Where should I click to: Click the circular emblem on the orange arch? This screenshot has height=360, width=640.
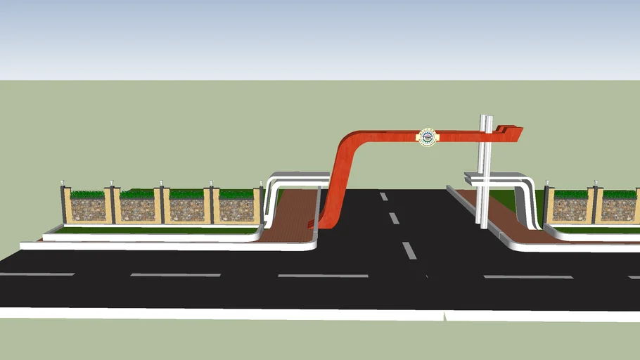click(426, 137)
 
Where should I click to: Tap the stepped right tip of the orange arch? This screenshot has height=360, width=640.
click(515, 129)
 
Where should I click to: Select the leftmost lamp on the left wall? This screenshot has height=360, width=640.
click(63, 184)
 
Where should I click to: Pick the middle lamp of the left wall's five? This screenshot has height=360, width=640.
click(162, 184)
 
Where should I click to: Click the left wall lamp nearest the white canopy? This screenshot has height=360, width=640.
click(261, 185)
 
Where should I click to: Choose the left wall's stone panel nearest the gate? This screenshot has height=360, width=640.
click(236, 210)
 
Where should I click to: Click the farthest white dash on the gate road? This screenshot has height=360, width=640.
click(383, 196)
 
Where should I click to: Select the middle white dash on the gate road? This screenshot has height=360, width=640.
click(394, 218)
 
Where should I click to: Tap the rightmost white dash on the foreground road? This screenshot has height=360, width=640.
click(527, 276)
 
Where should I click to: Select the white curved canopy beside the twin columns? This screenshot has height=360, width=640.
click(524, 190)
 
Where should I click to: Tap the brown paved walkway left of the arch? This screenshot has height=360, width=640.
click(292, 214)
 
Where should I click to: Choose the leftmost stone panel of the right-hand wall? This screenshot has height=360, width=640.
click(570, 209)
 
